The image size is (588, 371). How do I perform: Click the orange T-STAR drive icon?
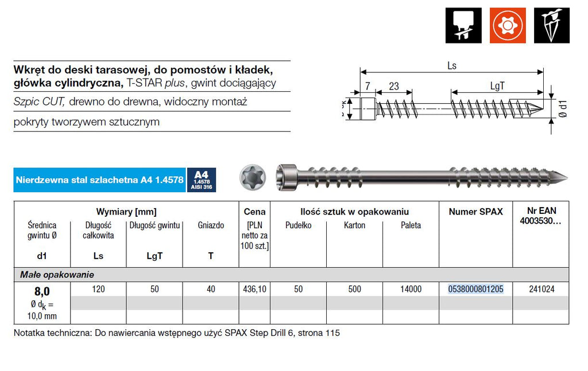click(508, 25)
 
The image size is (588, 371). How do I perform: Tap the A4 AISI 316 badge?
click(202, 180)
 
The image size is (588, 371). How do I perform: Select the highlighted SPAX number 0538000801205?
click(475, 289)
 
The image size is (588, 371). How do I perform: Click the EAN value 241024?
click(541, 289)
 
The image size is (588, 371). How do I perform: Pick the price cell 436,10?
click(254, 289)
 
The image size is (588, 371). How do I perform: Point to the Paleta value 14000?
click(411, 289)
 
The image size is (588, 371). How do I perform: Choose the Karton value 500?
click(354, 289)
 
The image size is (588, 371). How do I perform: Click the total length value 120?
click(98, 289)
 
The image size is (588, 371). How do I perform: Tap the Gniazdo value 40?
click(211, 289)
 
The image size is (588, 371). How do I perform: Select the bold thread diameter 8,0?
click(42, 291)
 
